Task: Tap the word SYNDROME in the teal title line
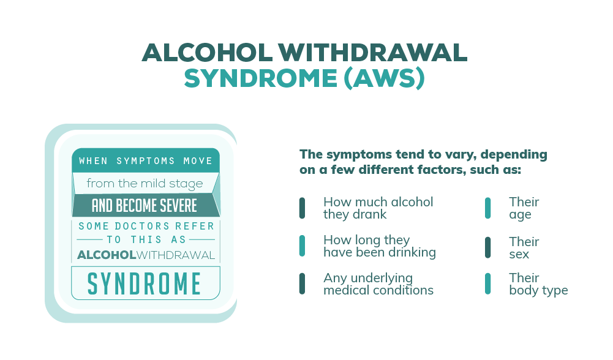point(261,78)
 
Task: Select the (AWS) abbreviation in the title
point(385,78)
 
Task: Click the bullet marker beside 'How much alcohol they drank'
point(302,208)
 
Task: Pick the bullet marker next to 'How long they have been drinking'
point(302,246)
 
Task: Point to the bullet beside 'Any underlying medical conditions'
point(302,284)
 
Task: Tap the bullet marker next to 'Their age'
point(488,208)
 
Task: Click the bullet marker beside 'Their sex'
point(488,247)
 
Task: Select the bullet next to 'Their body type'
point(488,284)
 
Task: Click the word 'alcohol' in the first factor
point(412,201)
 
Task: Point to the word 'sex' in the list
point(519,255)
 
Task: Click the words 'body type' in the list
point(538,290)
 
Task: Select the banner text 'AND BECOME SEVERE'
point(145,206)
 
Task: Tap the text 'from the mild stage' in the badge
point(145,184)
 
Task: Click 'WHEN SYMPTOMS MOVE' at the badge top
point(145,161)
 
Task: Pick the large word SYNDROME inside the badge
point(145,284)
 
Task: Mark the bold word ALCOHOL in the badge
point(107,255)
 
